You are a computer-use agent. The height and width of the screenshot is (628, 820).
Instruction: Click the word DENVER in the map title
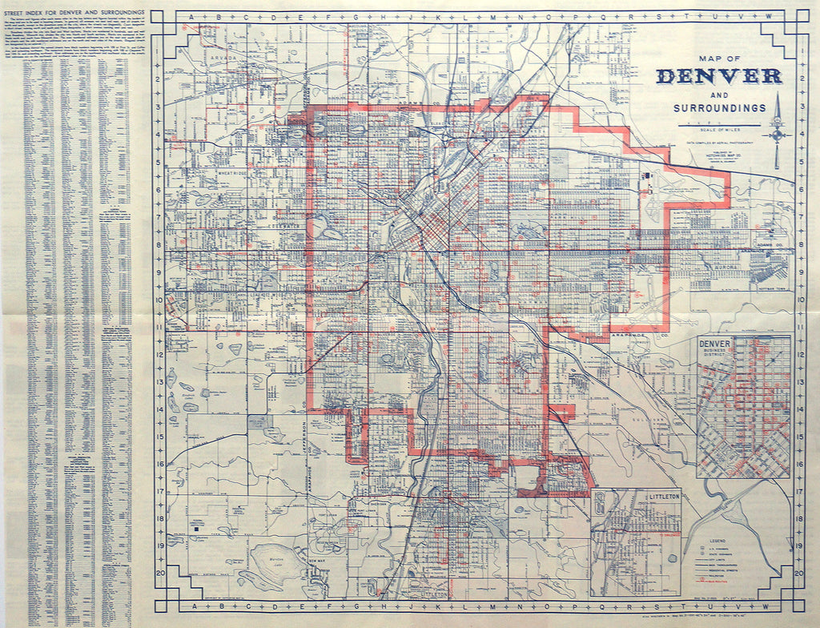pos(718,76)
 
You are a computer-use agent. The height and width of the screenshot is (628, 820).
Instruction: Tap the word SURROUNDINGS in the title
pos(719,107)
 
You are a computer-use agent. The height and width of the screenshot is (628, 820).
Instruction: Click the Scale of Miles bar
pos(718,126)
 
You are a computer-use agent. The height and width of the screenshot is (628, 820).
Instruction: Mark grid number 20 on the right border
pos(798,574)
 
